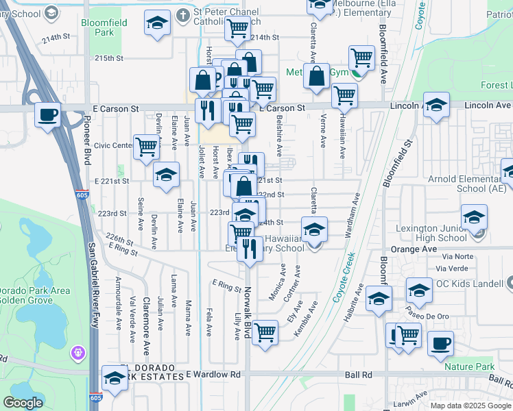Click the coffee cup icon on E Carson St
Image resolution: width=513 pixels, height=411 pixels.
click(x=48, y=114)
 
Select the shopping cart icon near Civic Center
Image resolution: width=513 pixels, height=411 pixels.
click(x=146, y=146)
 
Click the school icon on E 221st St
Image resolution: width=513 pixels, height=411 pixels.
click(x=165, y=175)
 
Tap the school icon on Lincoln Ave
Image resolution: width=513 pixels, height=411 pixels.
click(x=436, y=105)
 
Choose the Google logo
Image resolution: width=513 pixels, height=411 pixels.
click(x=23, y=403)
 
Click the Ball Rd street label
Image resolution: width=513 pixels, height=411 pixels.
click(x=358, y=375)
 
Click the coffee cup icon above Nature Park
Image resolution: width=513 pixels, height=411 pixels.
click(x=440, y=343)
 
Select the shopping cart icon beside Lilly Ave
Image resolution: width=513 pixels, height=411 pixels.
click(x=265, y=333)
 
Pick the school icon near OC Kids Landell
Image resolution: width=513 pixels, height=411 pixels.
click(x=419, y=290)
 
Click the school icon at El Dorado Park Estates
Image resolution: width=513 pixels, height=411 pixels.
click(x=115, y=377)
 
